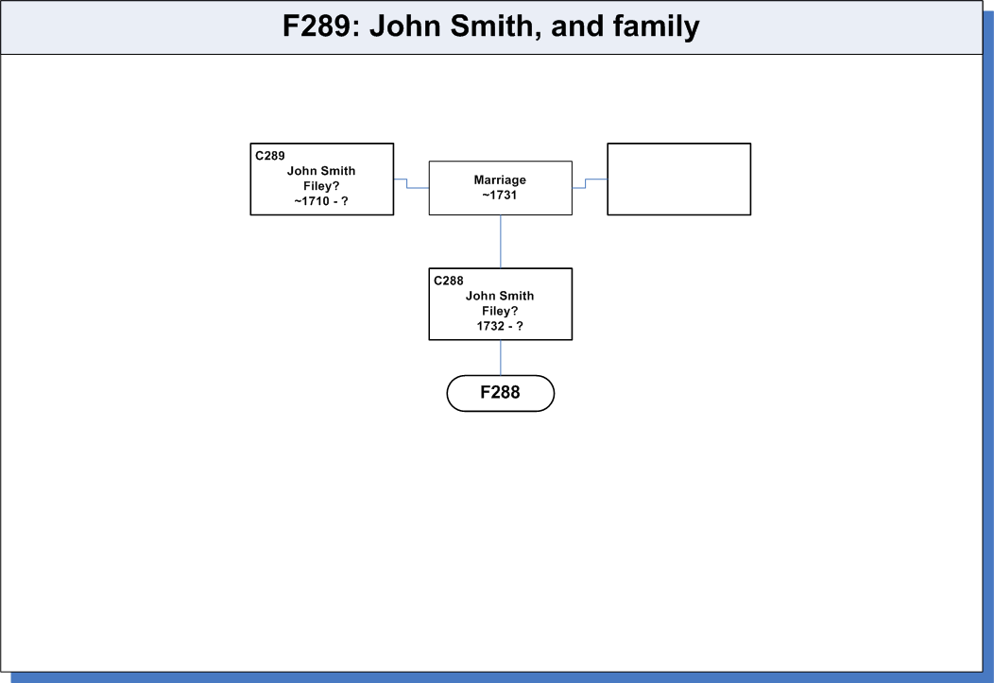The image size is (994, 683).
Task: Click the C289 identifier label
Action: click(x=270, y=156)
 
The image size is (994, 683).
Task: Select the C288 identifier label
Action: click(x=449, y=281)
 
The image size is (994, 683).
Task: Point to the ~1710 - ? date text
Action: click(x=321, y=201)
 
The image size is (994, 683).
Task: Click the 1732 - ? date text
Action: click(x=500, y=326)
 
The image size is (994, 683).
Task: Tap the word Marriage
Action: click(x=500, y=179)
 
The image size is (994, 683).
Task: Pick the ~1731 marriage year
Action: click(x=500, y=196)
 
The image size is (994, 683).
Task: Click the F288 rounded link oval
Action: click(x=501, y=393)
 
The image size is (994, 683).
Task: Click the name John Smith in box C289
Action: click(x=321, y=171)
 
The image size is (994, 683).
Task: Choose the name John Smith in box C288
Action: click(x=500, y=296)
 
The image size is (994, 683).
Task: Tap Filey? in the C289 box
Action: click(x=321, y=186)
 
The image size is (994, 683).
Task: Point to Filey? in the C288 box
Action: click(x=500, y=311)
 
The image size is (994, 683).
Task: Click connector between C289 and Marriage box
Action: click(x=407, y=183)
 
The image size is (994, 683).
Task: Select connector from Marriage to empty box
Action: click(x=585, y=183)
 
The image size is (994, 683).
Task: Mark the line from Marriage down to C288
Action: click(x=501, y=242)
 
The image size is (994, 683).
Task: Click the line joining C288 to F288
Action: click(x=501, y=358)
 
